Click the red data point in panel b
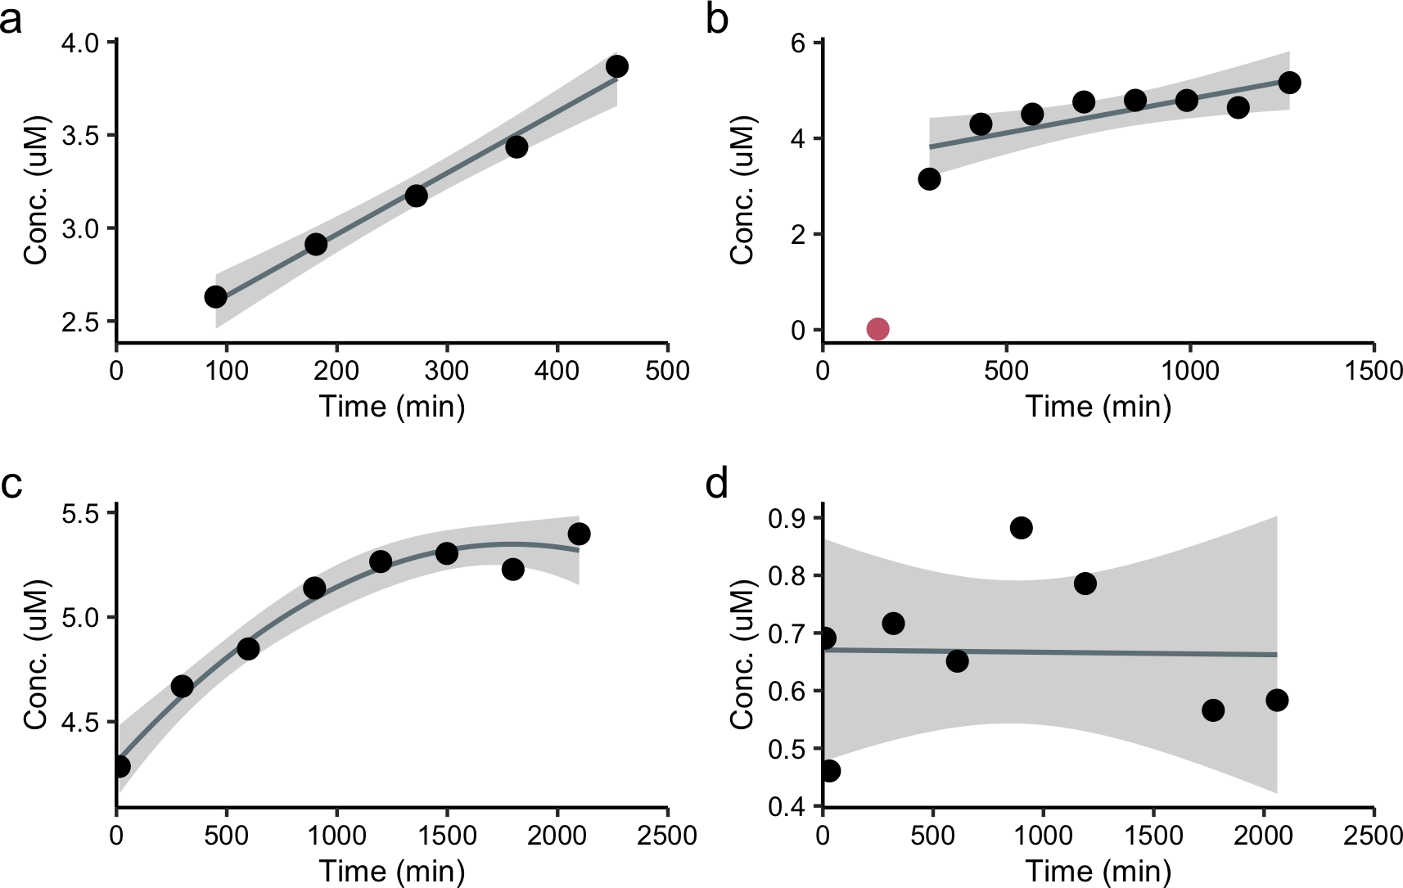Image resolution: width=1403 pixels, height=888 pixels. (877, 329)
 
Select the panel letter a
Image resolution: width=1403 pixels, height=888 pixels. (11, 20)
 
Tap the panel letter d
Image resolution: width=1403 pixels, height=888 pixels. (717, 485)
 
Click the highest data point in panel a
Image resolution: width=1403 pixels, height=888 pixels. (617, 66)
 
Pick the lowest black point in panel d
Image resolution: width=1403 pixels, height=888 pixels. (829, 770)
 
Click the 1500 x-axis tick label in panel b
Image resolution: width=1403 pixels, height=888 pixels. (1373, 371)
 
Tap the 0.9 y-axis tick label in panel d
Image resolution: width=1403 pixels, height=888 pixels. (786, 518)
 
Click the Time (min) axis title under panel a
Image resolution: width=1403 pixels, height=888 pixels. (392, 407)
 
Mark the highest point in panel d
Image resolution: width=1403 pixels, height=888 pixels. (1021, 528)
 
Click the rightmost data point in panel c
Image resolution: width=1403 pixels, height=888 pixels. (579, 534)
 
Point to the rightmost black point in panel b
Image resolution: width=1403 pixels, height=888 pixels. (1289, 83)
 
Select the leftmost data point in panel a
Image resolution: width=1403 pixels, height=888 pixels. (215, 296)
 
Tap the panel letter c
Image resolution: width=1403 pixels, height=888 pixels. (11, 485)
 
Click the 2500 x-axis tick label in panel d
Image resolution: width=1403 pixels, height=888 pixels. (1373, 836)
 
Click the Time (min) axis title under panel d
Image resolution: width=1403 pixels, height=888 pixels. (1098, 872)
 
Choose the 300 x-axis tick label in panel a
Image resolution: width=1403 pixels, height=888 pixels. (447, 371)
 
